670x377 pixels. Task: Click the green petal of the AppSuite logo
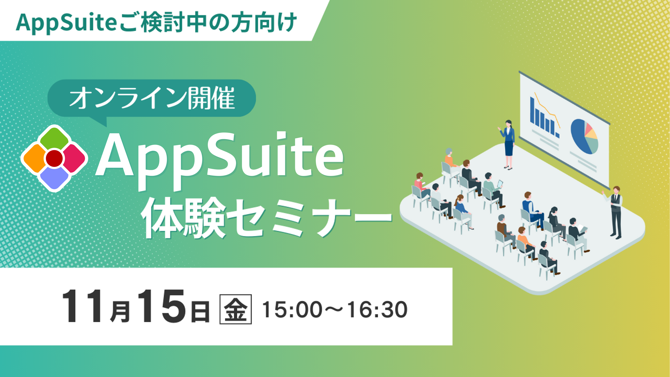click(54, 139)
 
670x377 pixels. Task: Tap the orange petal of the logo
click(34, 158)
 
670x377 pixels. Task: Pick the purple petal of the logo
click(54, 178)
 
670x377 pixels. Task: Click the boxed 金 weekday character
click(236, 309)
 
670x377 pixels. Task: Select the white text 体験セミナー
click(267, 218)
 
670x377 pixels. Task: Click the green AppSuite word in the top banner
click(66, 23)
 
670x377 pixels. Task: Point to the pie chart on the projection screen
click(584, 137)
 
